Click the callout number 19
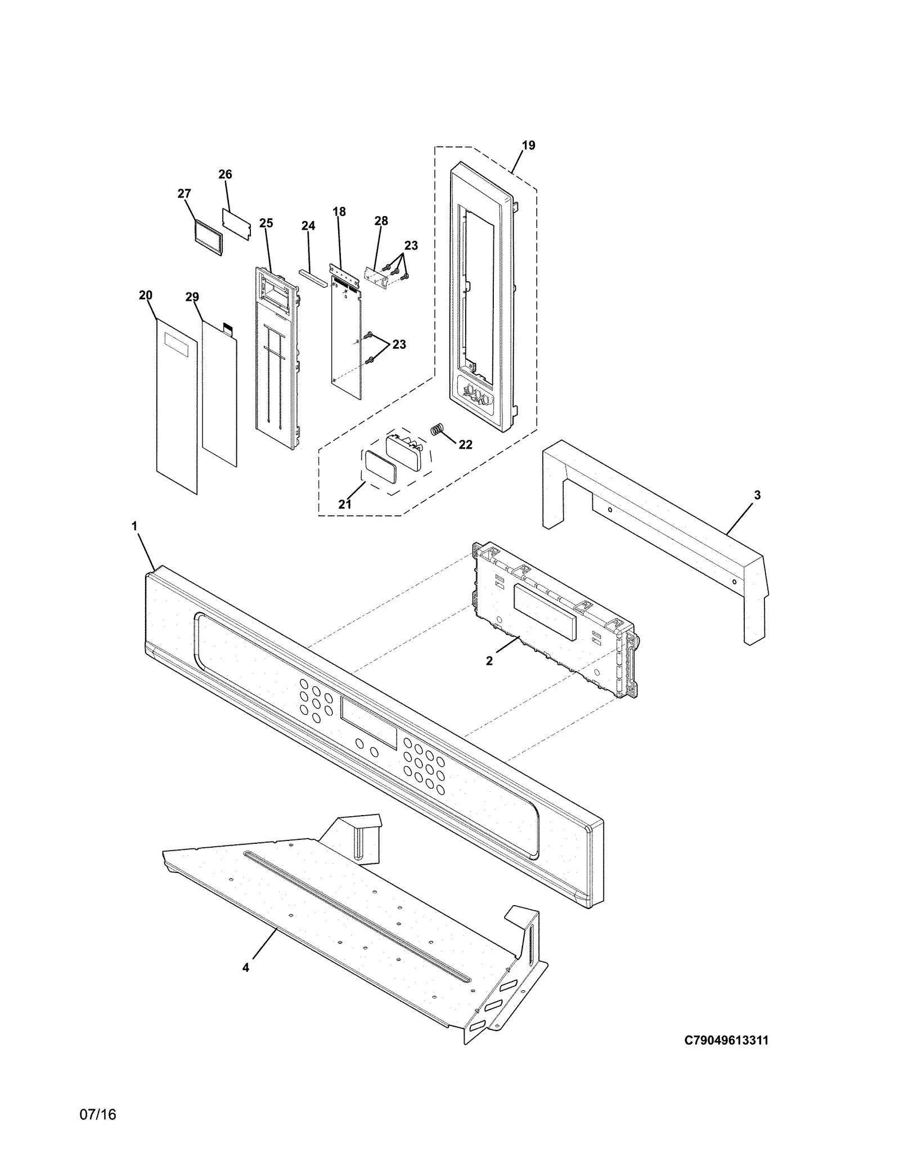[x=528, y=146]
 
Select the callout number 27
[x=184, y=194]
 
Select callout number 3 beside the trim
[x=757, y=495]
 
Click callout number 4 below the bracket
[x=246, y=967]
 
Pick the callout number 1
[x=134, y=526]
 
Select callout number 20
[x=146, y=295]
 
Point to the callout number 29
[x=192, y=297]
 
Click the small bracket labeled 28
[x=377, y=277]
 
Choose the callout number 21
[x=345, y=505]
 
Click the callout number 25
[x=266, y=223]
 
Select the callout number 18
[x=339, y=212]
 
